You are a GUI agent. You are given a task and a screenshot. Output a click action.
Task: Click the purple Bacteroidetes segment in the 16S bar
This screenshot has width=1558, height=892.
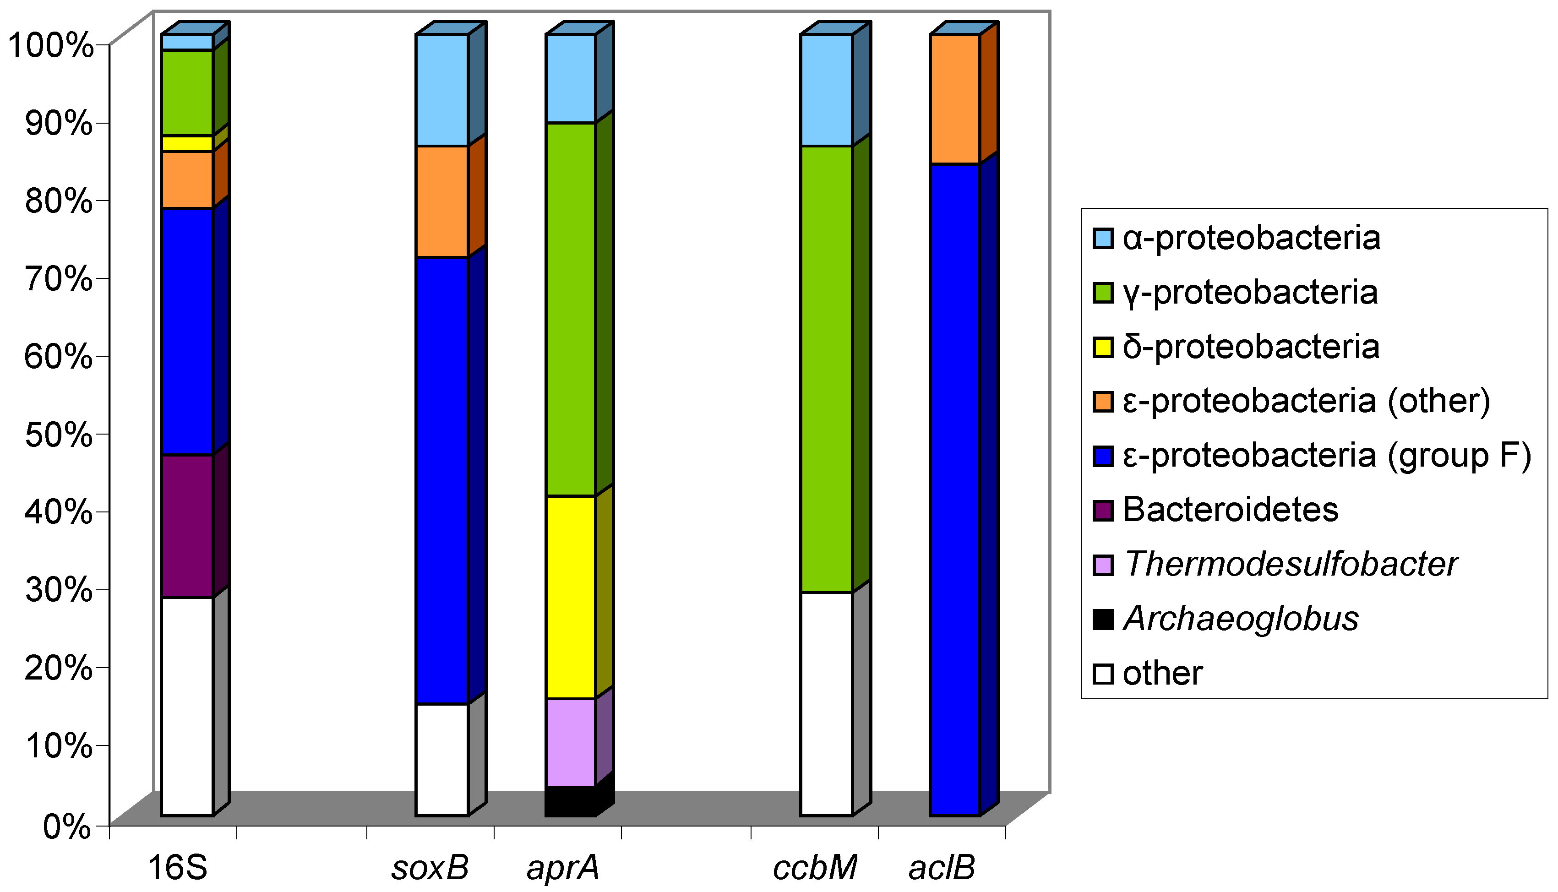click(187, 526)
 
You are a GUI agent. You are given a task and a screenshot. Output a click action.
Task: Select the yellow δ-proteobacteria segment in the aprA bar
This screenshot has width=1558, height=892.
click(570, 597)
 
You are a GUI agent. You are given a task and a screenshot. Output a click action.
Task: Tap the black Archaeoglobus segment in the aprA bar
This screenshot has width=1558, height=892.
click(570, 801)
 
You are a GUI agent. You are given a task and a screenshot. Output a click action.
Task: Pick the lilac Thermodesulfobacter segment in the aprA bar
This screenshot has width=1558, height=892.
click(570, 742)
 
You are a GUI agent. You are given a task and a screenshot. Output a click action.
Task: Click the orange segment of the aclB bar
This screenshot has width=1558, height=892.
click(954, 99)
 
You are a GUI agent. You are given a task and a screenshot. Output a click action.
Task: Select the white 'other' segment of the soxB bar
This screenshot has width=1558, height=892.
click(442, 760)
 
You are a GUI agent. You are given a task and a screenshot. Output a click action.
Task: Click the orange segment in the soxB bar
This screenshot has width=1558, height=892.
click(442, 201)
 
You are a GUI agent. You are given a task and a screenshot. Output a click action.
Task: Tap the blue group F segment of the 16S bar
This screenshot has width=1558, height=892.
click(187, 332)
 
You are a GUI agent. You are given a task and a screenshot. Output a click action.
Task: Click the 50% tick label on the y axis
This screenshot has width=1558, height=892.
click(59, 435)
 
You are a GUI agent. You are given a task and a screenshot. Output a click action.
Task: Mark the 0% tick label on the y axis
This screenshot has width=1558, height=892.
click(67, 827)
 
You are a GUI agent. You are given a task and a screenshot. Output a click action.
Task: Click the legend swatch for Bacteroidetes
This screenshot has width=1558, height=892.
click(1103, 510)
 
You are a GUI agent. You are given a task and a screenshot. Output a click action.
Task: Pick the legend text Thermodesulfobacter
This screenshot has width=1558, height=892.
click(1290, 564)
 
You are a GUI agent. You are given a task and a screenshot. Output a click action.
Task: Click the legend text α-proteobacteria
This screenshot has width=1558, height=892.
click(1251, 238)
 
